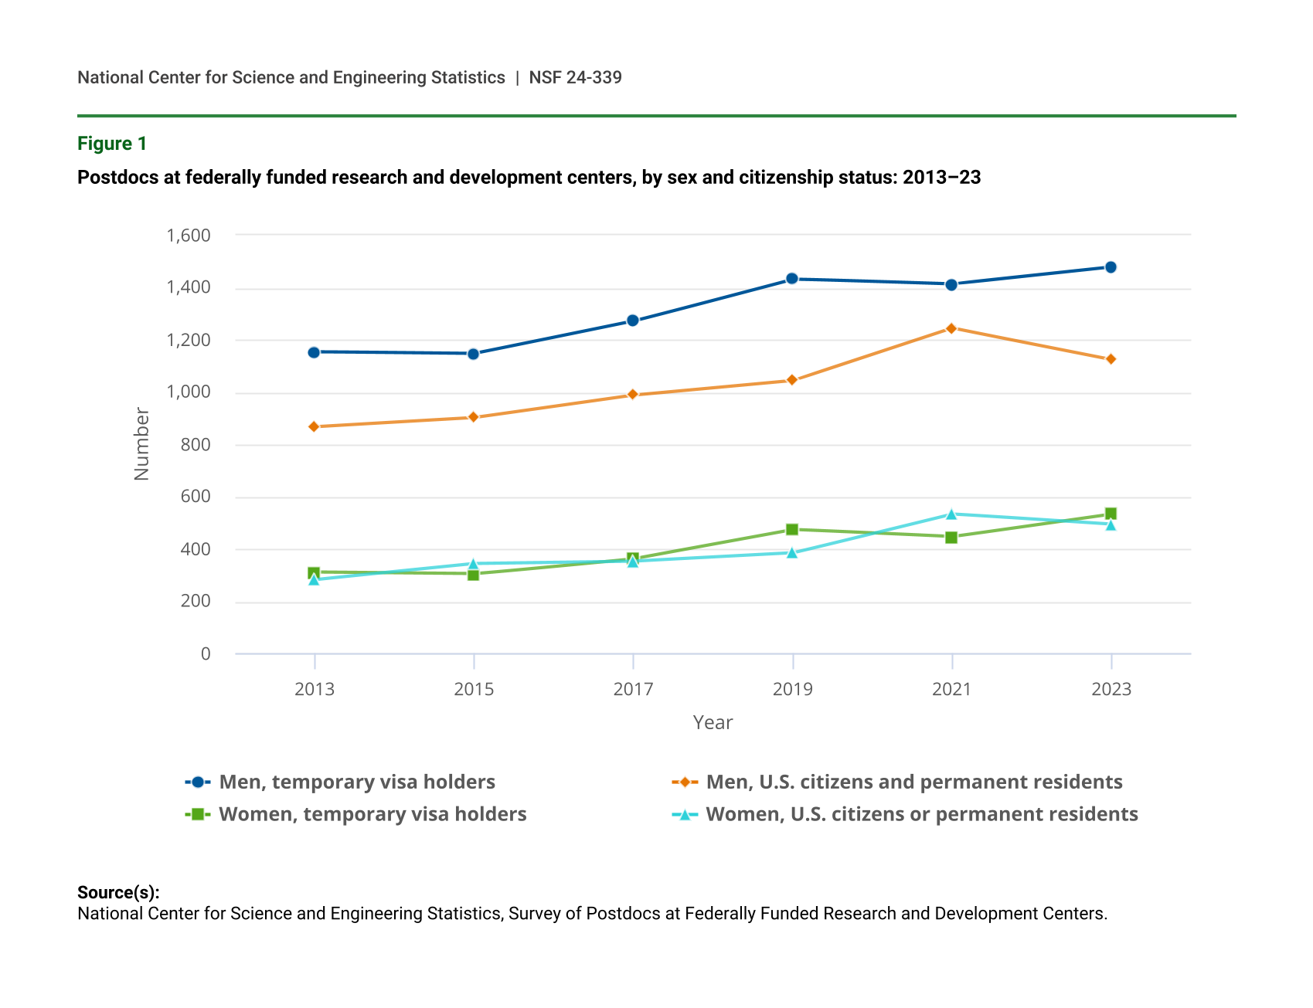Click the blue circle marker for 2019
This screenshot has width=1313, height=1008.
tap(792, 279)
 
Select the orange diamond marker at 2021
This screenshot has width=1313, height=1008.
tap(951, 328)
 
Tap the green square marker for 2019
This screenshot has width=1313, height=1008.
tap(792, 530)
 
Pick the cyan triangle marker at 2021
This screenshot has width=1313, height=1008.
tap(951, 514)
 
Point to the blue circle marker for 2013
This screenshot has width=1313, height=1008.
tap(314, 352)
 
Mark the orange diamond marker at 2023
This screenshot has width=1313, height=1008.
tap(1111, 359)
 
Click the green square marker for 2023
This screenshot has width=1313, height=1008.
tap(1111, 514)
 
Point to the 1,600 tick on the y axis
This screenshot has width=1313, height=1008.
tap(189, 236)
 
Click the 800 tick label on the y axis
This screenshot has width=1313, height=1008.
tap(196, 445)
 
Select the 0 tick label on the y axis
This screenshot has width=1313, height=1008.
tap(206, 654)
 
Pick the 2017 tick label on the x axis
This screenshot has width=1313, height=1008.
tap(633, 690)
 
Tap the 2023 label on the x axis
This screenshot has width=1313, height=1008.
tap(1111, 690)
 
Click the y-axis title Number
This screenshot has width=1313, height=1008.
tap(141, 444)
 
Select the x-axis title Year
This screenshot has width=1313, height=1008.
tap(713, 723)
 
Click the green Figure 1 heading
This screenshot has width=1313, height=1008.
tap(112, 144)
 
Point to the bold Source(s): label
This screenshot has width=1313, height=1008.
tap(118, 893)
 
